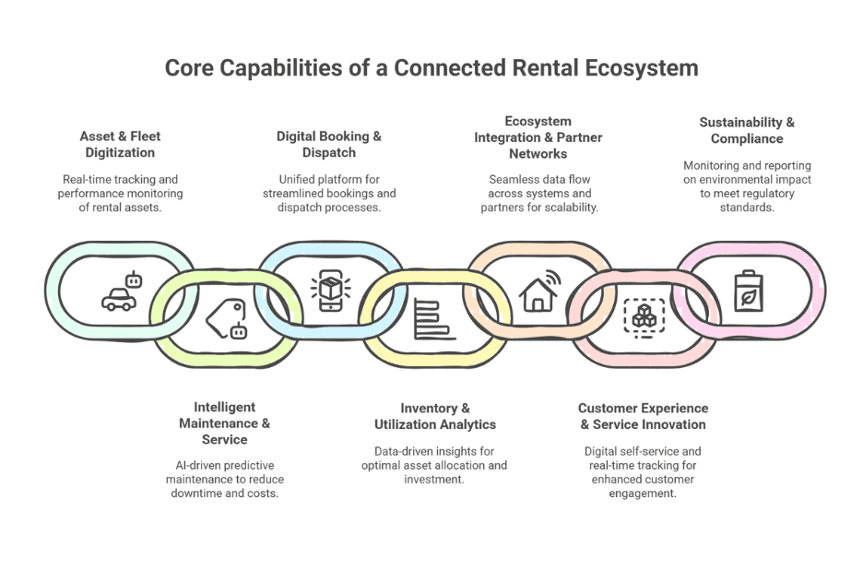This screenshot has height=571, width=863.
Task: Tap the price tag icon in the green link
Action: tap(227, 319)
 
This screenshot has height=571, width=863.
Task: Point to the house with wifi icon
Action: tap(540, 291)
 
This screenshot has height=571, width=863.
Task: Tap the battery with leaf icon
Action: tap(748, 291)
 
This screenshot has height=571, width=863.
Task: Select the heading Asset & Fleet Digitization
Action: tap(120, 144)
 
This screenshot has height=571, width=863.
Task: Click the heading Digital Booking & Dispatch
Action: tap(329, 144)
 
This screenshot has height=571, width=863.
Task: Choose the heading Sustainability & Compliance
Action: tap(747, 130)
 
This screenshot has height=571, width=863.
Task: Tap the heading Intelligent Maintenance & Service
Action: tap(224, 422)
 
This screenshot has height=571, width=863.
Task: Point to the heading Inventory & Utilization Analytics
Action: tap(435, 416)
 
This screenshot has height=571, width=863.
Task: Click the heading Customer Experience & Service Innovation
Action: tap(643, 416)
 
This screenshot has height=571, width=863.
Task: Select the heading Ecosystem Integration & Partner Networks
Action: tap(538, 137)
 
